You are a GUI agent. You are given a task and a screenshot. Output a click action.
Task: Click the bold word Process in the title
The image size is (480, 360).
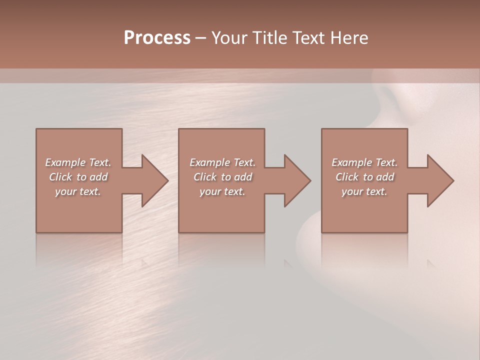[x=157, y=38]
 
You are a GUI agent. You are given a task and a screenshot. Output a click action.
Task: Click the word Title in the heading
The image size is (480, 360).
[x=270, y=38]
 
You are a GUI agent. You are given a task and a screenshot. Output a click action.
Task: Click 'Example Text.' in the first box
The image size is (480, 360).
[x=78, y=162]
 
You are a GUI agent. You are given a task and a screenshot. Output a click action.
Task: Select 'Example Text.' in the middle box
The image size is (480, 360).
[x=222, y=162]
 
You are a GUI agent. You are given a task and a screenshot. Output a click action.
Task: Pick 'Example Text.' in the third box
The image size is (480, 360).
[x=364, y=162]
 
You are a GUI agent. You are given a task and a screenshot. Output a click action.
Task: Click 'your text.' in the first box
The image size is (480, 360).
[x=78, y=191]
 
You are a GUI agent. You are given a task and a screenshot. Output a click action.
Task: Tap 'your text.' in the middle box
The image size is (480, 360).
[x=222, y=191]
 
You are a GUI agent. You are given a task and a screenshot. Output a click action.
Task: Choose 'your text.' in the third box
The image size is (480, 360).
[x=364, y=191]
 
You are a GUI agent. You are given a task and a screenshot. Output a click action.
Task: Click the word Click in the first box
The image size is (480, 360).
[x=60, y=177]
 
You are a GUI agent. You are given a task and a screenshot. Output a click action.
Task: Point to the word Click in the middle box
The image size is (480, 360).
[x=205, y=177]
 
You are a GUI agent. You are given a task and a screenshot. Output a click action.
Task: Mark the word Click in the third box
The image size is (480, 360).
[x=347, y=177]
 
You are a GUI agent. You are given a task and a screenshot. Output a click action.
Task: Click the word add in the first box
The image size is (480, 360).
[x=99, y=177]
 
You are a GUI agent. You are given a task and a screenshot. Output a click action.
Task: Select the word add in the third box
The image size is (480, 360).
[x=385, y=177]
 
